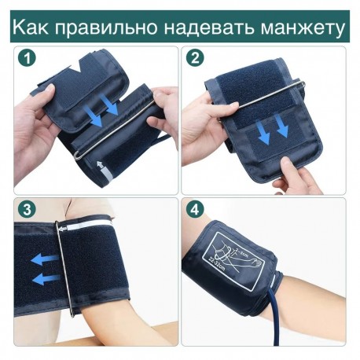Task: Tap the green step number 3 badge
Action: click(x=27, y=210)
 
